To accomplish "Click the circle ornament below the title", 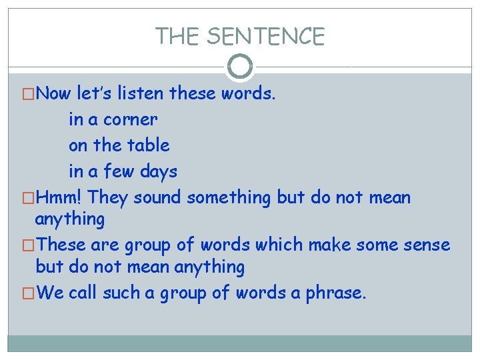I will click(240, 66).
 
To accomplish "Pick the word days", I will click(159, 171).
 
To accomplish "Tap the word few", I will click(120, 171).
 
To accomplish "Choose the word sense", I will click(426, 245).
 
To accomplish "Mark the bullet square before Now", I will click(29, 94).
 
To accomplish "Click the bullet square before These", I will click(29, 245).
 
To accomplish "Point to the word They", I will click(109, 197).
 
